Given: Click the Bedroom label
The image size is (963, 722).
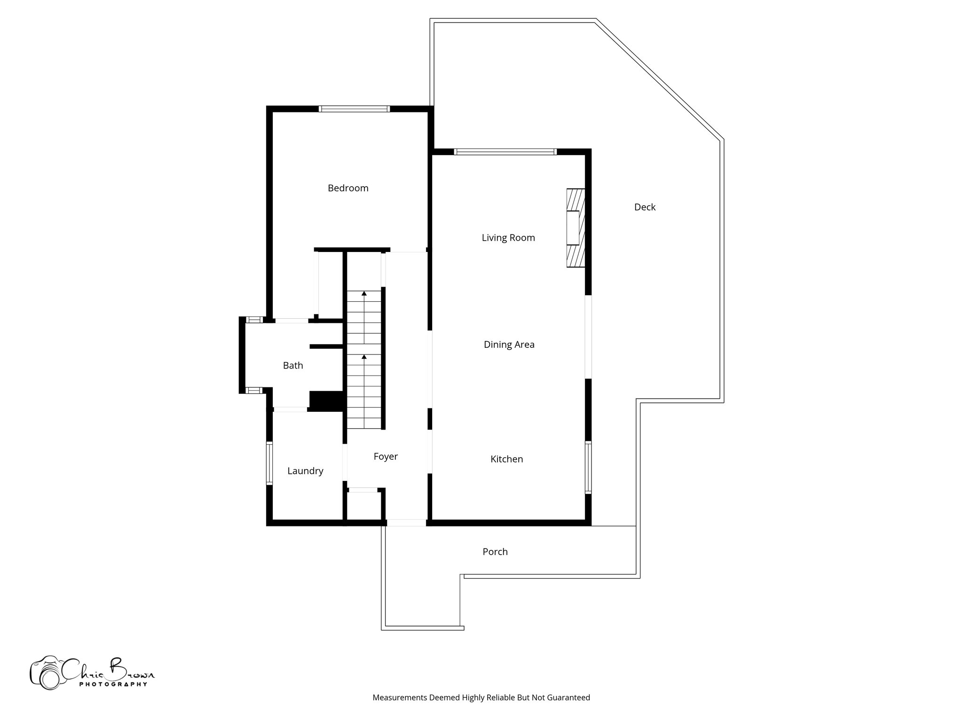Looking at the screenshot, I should pyautogui.click(x=348, y=188).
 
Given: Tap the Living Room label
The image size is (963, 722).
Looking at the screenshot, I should pyautogui.click(x=508, y=238).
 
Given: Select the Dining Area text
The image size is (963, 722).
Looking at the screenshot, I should pyautogui.click(x=509, y=345).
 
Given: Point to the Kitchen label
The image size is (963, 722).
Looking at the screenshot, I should pyautogui.click(x=506, y=459).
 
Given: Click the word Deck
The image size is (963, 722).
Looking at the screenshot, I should pyautogui.click(x=645, y=207).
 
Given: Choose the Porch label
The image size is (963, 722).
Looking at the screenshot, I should pyautogui.click(x=495, y=552).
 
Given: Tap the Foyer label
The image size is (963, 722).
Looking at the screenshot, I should pyautogui.click(x=386, y=456).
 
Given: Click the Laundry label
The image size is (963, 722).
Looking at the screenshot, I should pyautogui.click(x=305, y=471).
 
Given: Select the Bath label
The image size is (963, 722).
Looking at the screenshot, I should pyautogui.click(x=293, y=366).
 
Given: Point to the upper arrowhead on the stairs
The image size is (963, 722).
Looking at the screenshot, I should pyautogui.click(x=364, y=293).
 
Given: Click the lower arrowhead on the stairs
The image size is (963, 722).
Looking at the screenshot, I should pyautogui.click(x=364, y=357).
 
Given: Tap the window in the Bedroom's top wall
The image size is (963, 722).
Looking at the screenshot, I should pyautogui.click(x=354, y=109).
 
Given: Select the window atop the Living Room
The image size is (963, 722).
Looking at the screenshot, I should pyautogui.click(x=505, y=152).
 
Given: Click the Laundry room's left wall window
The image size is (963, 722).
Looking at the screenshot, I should pyautogui.click(x=269, y=463).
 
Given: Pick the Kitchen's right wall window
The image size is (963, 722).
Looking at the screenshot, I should pyautogui.click(x=588, y=467).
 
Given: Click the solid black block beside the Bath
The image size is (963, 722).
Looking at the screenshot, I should pyautogui.click(x=325, y=401).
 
